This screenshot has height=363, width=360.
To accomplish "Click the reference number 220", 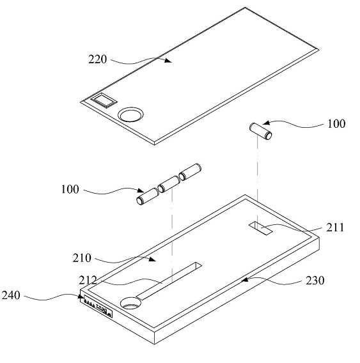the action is tap(98, 59).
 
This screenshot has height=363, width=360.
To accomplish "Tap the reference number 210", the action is tap(82, 258).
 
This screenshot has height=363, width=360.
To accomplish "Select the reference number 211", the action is tap(335, 228).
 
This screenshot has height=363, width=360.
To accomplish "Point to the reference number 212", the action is tap(88, 280).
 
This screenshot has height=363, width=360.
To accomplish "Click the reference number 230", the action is tap(315, 281).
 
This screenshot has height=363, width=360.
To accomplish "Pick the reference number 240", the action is tap(11, 295).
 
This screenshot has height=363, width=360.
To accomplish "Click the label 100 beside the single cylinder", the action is tap(336, 124).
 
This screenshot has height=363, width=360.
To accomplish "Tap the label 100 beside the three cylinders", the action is tap(70, 189).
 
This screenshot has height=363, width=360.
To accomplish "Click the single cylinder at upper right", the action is tap(261, 132).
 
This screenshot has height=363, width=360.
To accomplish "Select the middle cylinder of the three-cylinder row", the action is tap(168, 184).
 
